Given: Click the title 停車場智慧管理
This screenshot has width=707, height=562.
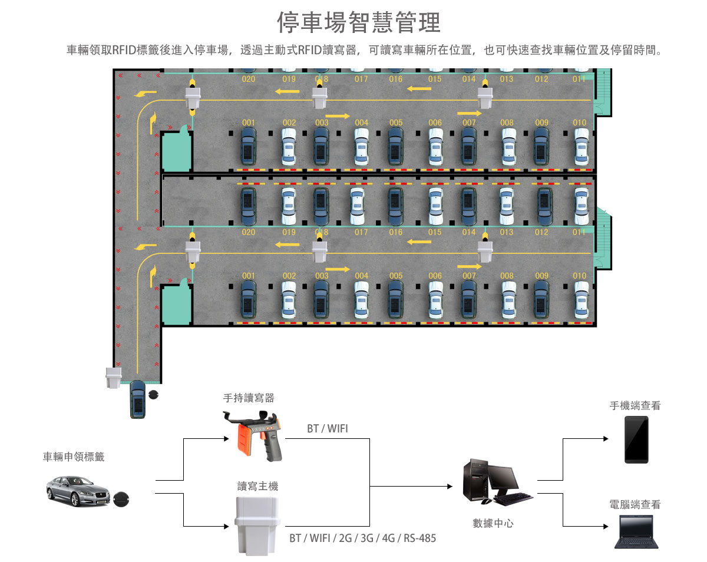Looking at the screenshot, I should [359, 22].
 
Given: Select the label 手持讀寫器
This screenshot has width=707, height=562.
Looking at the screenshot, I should [249, 398].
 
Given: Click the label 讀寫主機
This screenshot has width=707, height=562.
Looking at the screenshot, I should [257, 486].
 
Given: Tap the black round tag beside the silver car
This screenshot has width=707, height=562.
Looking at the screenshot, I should [121, 499].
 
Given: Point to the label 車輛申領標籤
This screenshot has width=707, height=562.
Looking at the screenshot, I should [74, 457].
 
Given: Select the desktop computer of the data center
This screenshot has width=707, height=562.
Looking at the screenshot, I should [495, 482].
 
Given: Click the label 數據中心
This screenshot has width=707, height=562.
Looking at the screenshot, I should [493, 523].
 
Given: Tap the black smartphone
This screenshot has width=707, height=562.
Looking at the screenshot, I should [636, 439].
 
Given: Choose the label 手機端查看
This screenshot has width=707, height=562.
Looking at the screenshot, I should [635, 406].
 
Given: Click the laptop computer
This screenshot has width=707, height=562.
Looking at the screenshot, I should [635, 532].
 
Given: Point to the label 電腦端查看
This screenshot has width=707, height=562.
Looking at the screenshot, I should [635, 505].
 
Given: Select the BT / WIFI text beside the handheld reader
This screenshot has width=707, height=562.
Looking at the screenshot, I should [327, 429].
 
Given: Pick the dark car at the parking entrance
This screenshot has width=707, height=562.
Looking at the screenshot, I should [138, 399].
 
